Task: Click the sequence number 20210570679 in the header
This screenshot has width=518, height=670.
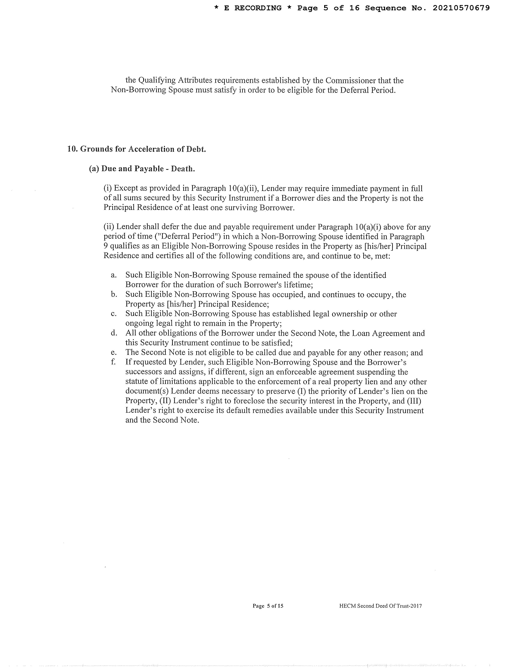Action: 461,8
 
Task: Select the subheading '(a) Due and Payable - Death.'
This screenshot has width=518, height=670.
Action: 142,169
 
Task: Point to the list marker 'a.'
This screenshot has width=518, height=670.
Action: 114,275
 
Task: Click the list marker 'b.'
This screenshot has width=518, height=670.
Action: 114,295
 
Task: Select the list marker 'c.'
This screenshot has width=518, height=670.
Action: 114,314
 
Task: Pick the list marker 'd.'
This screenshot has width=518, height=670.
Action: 114,333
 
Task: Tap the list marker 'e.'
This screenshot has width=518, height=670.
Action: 114,353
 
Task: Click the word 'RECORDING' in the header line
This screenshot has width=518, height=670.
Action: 258,8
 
